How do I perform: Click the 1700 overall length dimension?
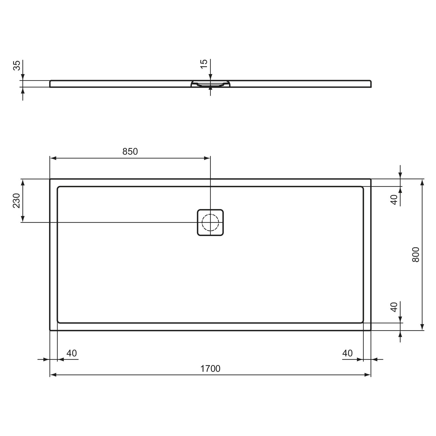[x=210, y=369]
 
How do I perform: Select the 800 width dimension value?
[x=416, y=255]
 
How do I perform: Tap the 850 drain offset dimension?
[x=130, y=151]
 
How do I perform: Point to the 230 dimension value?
[x=16, y=201]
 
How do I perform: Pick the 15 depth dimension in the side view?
[x=204, y=64]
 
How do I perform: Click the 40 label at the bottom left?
[x=72, y=353]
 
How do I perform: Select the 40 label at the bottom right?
[x=347, y=353]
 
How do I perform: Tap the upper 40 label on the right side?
[x=394, y=200]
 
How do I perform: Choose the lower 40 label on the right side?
[x=394, y=307]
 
